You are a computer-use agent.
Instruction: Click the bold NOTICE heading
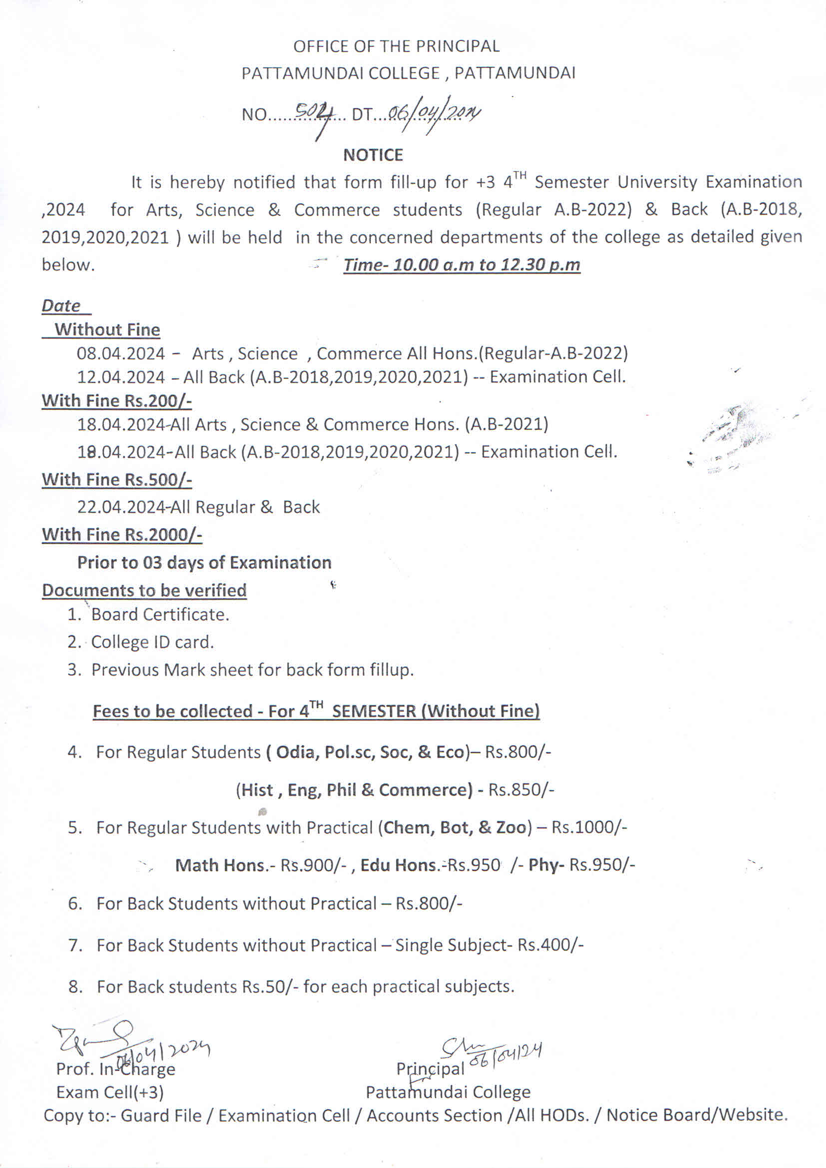click(373, 154)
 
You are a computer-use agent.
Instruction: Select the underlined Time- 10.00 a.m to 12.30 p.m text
click(461, 265)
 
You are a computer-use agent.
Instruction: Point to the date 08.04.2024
click(121, 353)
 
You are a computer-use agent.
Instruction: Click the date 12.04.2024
click(121, 377)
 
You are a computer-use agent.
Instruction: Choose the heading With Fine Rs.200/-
click(116, 401)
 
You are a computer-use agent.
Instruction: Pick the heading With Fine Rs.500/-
click(116, 480)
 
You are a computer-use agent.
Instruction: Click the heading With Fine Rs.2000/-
click(121, 535)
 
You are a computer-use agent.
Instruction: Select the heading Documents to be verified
click(144, 590)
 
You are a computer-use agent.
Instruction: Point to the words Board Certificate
click(160, 615)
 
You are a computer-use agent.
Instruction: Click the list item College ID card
click(152, 642)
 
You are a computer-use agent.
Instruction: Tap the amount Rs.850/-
click(521, 790)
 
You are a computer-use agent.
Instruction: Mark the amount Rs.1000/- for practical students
click(589, 828)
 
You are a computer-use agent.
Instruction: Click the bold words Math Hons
click(221, 865)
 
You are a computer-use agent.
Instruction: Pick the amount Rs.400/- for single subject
click(550, 945)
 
